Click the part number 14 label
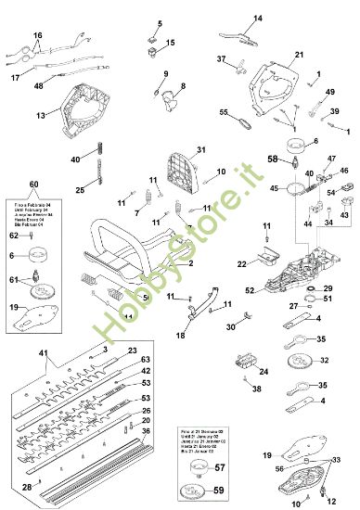(258, 17)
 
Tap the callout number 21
(300, 56)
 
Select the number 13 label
(41, 116)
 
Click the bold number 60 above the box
(34, 185)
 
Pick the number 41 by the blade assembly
(43, 354)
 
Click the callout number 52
(250, 290)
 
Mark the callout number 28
(26, 486)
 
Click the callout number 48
(38, 86)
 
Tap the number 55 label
(224, 112)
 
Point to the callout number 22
(242, 265)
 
